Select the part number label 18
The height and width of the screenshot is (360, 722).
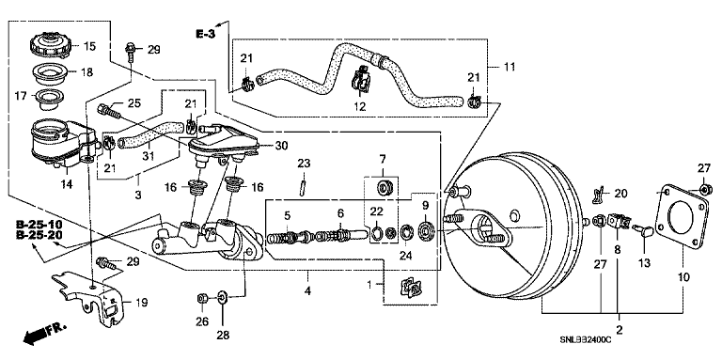click(86, 72)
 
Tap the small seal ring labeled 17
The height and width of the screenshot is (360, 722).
click(49, 100)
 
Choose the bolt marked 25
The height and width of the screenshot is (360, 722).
click(109, 112)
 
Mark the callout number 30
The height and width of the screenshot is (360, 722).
click(281, 146)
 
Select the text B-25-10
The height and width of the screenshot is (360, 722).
click(39, 225)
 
